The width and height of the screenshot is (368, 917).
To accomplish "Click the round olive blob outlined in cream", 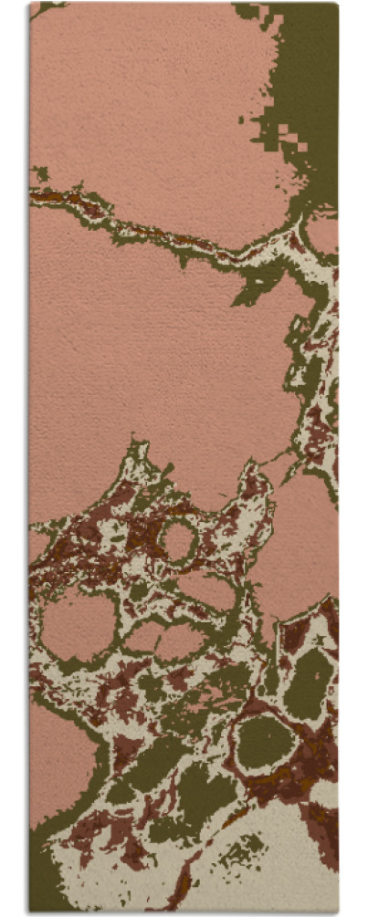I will pos(266,741).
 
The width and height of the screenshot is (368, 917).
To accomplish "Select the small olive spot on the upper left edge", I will pos(40,172).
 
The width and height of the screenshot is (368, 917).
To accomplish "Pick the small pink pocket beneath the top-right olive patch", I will pos(321,233).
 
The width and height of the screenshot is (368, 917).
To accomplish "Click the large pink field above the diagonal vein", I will pos(146,100).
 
